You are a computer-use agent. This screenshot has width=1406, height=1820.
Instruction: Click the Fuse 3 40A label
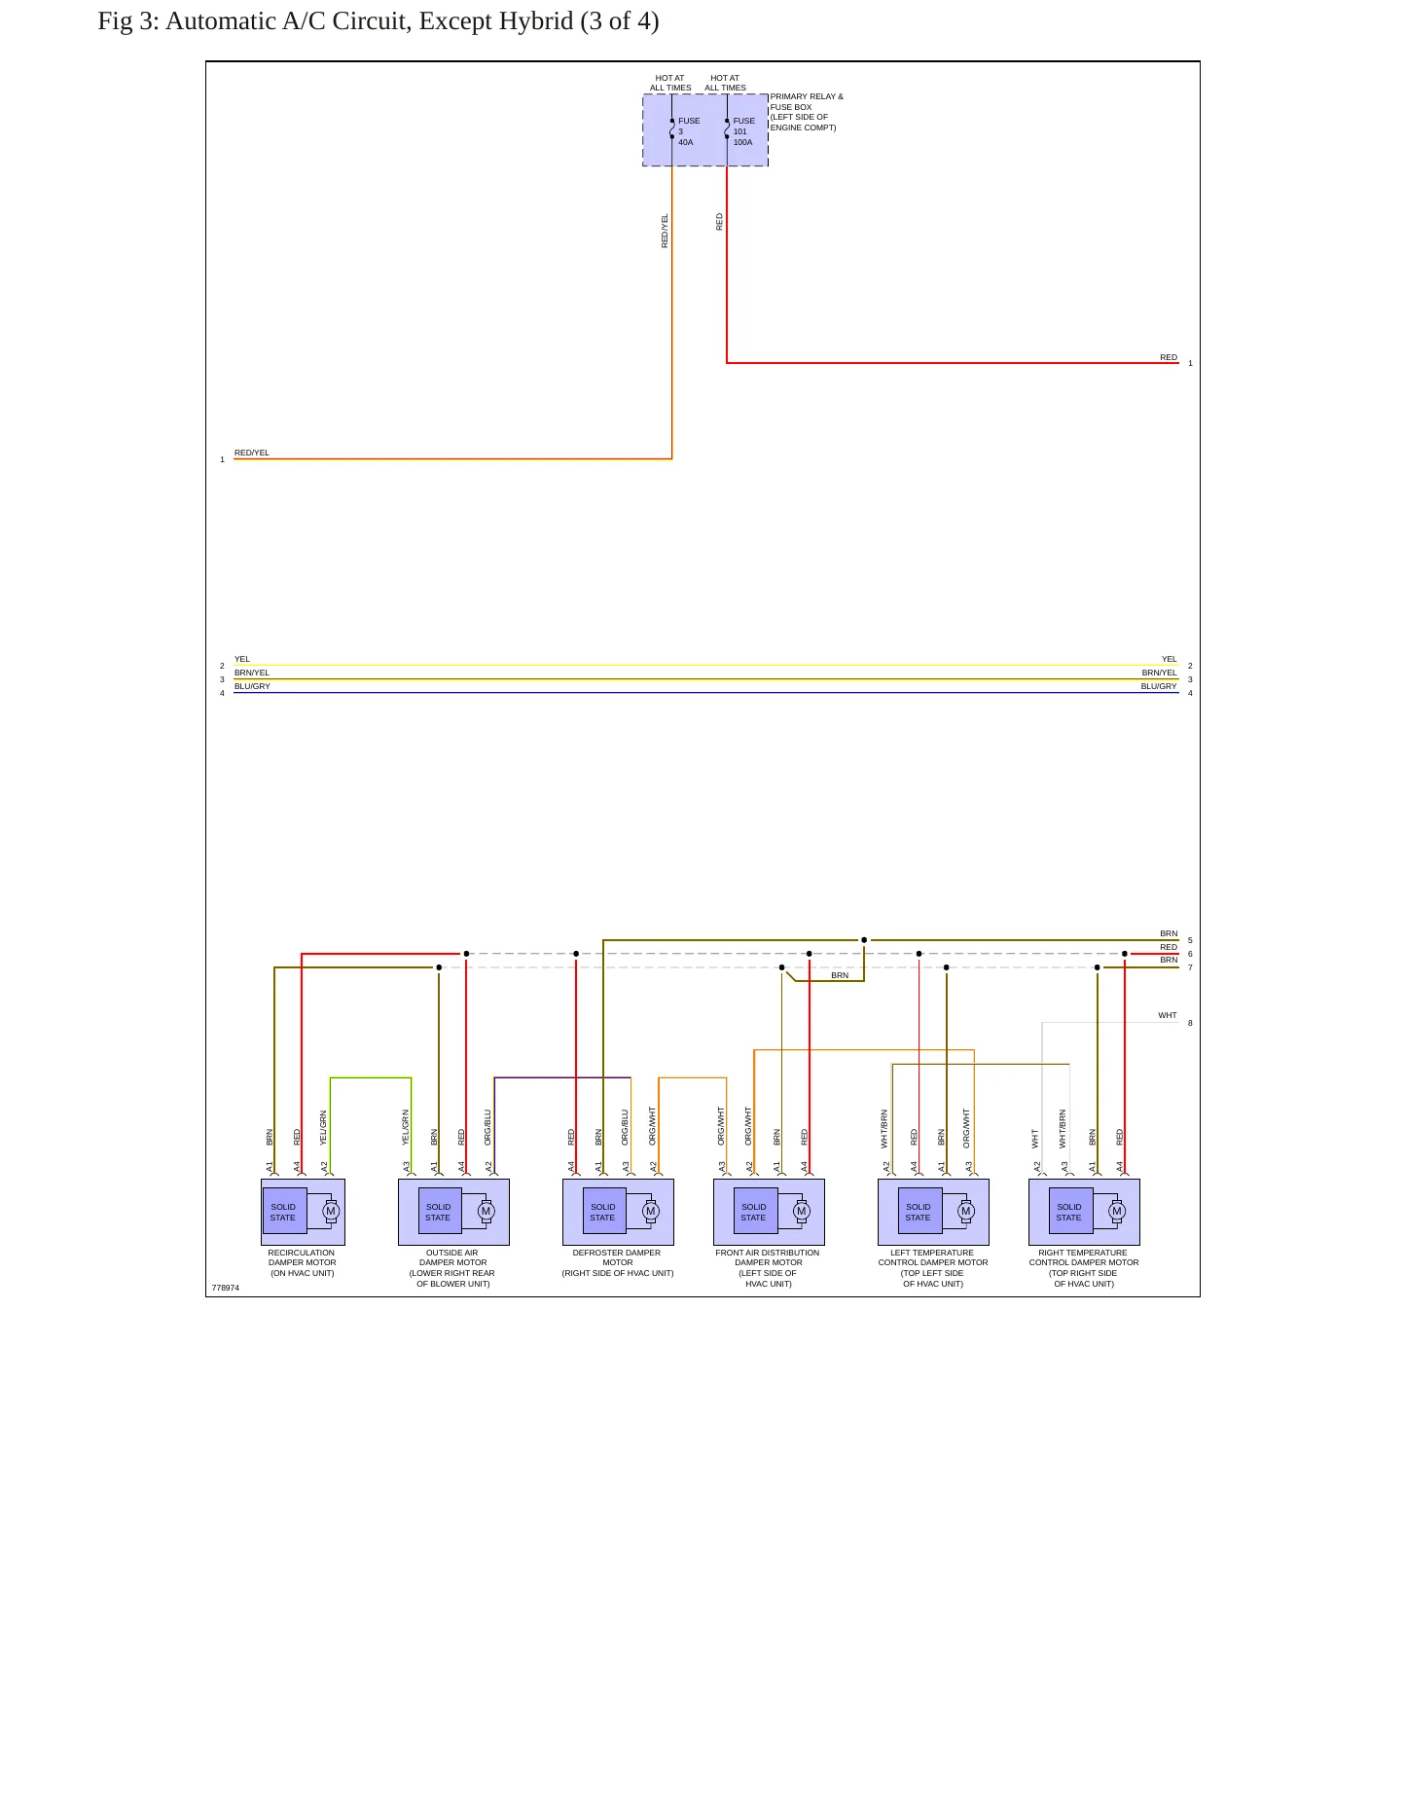tap(689, 131)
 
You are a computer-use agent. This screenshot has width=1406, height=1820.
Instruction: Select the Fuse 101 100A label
tap(743, 131)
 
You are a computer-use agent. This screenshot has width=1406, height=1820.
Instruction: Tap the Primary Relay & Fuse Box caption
tap(807, 112)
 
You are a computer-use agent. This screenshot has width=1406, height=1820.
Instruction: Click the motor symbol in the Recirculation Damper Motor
tap(331, 1212)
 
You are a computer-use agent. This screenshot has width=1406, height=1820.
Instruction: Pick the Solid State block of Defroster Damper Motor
tap(603, 1212)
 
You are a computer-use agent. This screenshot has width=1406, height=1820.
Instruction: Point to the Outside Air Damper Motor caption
tap(452, 1268)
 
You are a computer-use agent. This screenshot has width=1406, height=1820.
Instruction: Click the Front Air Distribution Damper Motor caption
tap(768, 1268)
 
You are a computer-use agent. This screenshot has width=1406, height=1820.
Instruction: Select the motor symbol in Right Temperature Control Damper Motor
tap(1117, 1212)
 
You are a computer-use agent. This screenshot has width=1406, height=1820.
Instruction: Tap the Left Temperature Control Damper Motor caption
tap(933, 1268)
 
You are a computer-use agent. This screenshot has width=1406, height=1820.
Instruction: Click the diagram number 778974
tap(226, 1288)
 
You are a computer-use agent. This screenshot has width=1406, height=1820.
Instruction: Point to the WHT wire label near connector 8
tap(1168, 1015)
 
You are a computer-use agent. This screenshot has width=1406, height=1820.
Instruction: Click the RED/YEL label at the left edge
tap(252, 453)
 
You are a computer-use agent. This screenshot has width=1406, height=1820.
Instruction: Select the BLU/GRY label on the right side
tap(1159, 686)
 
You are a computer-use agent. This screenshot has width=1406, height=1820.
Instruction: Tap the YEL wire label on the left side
tap(242, 659)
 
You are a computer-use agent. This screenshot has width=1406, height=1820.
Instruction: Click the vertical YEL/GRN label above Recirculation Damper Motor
tap(324, 1128)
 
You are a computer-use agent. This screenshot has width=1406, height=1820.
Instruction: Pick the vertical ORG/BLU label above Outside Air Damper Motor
tap(488, 1128)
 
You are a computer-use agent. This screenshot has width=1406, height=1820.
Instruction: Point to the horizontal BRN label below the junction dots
tap(840, 975)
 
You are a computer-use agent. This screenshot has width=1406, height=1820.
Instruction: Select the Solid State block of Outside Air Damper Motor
tap(439, 1212)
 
